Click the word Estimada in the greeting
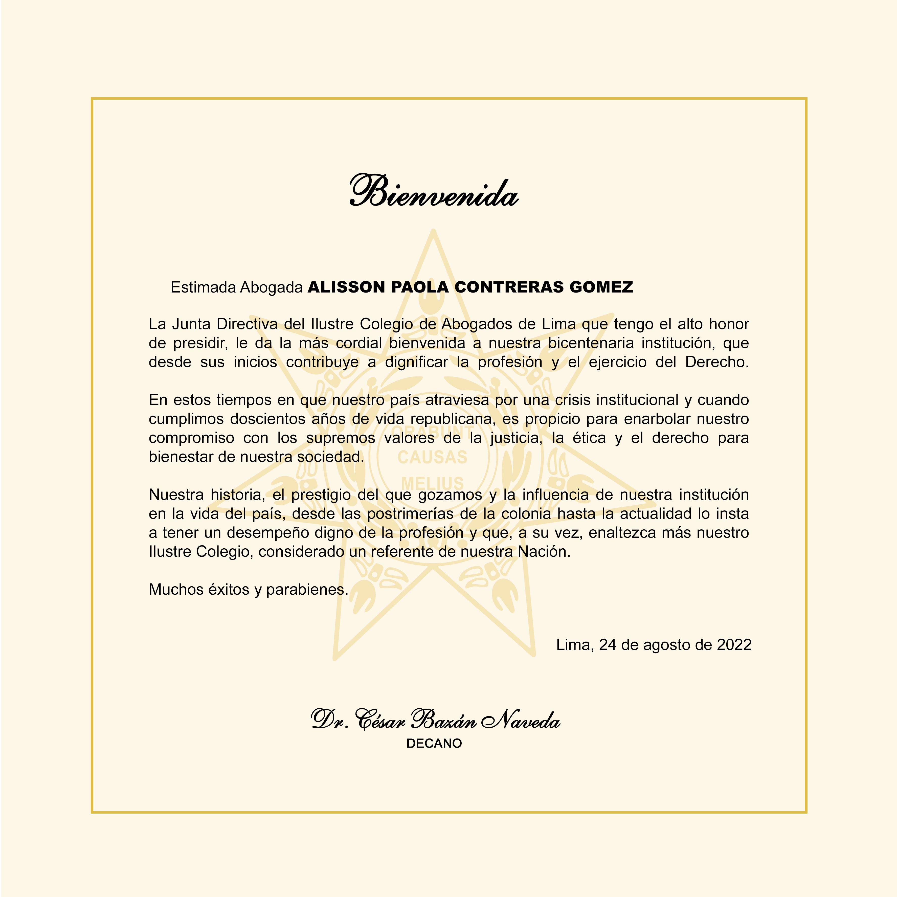point(203,288)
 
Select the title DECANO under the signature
point(434,743)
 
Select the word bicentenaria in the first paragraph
point(590,343)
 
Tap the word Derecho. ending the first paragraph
point(717,362)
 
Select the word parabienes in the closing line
point(307,590)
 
